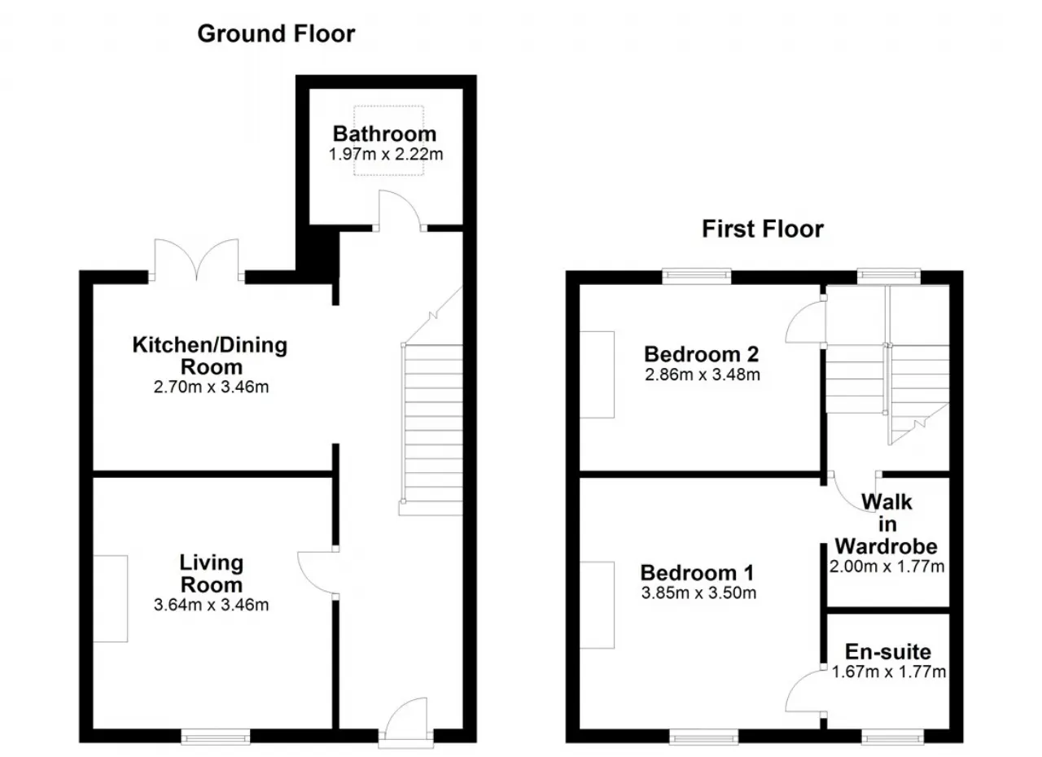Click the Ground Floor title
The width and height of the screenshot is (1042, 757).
276,34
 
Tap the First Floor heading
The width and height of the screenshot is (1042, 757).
763,230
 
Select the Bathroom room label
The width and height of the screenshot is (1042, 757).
385,134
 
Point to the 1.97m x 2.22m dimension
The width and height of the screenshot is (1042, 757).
386,155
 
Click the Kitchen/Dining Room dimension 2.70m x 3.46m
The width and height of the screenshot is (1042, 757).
211,387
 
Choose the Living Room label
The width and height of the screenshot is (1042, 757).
212,574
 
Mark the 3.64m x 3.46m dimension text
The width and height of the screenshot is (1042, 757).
211,605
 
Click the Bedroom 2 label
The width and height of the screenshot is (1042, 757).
702,355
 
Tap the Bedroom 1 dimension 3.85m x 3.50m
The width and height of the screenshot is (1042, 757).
698,593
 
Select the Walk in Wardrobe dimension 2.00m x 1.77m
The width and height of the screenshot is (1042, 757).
887,567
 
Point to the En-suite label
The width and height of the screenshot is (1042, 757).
888,652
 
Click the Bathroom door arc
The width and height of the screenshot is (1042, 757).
405,201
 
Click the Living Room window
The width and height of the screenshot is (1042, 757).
216,736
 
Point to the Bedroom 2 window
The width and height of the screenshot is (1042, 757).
697,276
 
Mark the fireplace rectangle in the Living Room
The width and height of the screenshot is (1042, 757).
110,599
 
